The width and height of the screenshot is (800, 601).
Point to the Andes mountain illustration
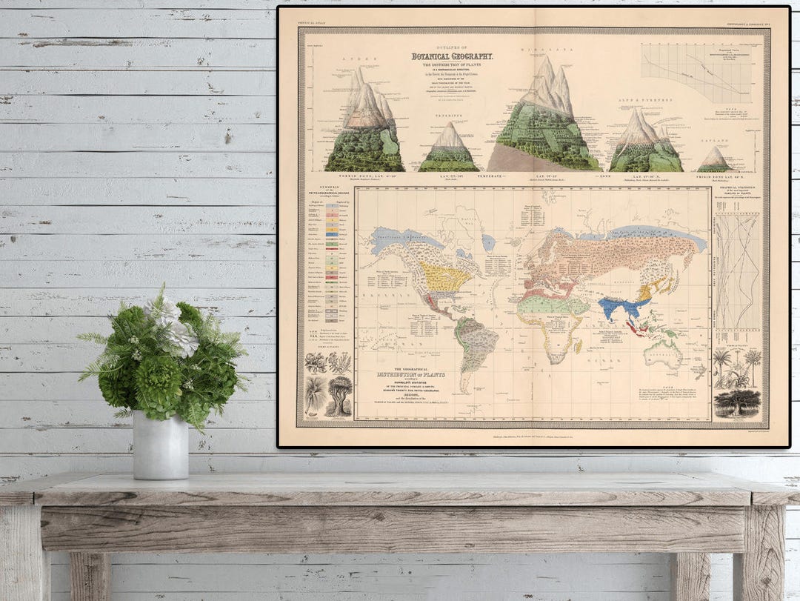pyautogui.click(x=364, y=126)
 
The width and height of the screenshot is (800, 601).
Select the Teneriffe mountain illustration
pyautogui.click(x=448, y=150)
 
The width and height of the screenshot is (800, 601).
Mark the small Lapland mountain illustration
pyautogui.click(x=714, y=159)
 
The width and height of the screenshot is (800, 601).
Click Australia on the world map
pyautogui.click(x=663, y=353)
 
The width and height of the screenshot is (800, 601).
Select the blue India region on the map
pyautogui.click(x=619, y=306)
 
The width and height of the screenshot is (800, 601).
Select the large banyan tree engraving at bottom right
pyautogui.click(x=737, y=402)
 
